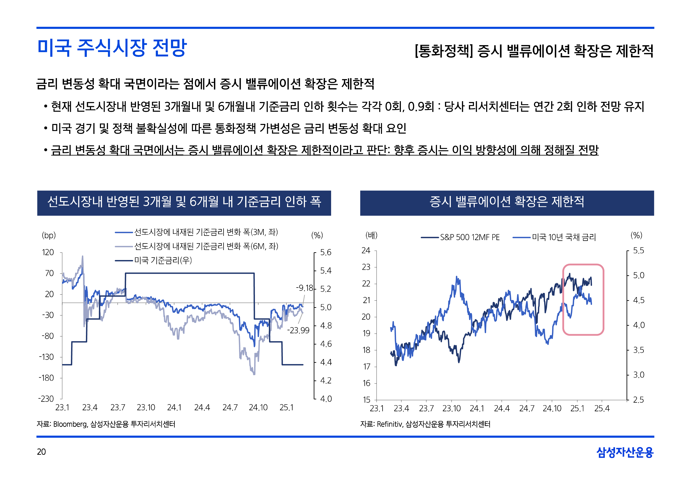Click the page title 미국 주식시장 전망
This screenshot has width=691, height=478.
coord(112,48)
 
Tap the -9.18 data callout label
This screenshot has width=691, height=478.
coord(304,288)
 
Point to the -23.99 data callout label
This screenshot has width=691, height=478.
coord(298,330)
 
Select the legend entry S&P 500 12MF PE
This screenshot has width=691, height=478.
coord(469,237)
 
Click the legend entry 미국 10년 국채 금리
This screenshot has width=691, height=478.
coord(563,237)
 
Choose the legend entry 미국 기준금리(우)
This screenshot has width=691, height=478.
coord(163,260)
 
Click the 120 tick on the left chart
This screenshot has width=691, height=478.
coord(48,252)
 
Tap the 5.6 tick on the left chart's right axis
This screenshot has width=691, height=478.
coord(326,252)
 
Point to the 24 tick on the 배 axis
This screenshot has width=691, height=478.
coord(366,250)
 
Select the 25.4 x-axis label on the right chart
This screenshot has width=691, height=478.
coord(602,409)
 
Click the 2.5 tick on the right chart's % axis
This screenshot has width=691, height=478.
coord(638,400)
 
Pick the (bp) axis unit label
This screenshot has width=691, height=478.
coord(49,235)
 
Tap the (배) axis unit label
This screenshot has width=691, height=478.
coord(371,235)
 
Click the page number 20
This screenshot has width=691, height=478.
coord(41,452)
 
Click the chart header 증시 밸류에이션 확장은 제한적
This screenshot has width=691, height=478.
coord(507,202)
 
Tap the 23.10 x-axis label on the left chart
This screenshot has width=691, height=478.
coord(146,408)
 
